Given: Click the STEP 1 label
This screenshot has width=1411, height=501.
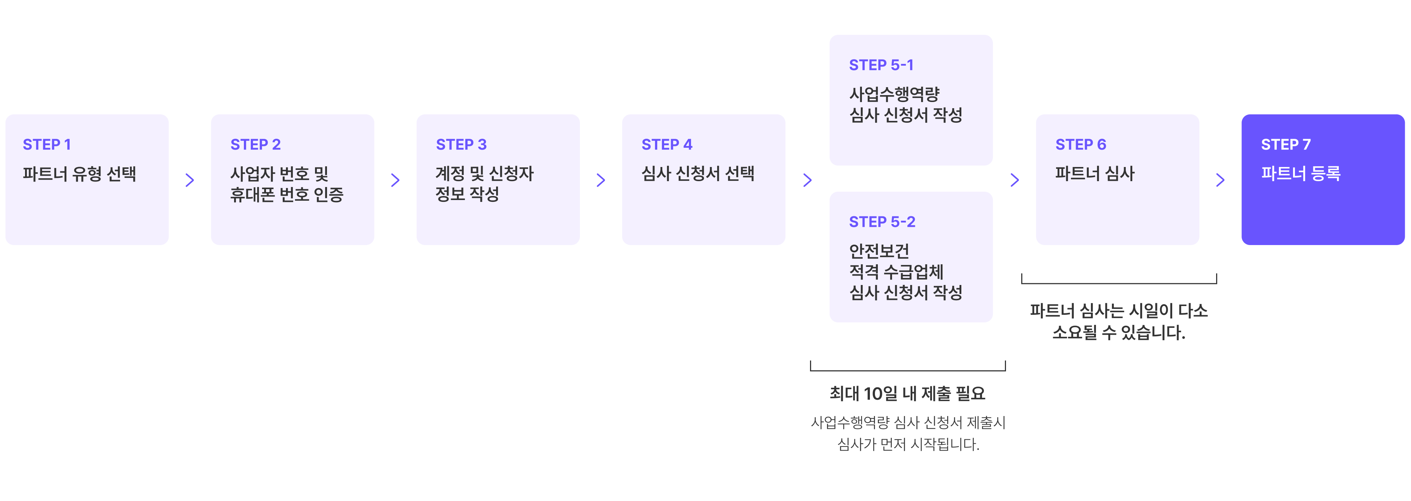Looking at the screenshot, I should (46, 145).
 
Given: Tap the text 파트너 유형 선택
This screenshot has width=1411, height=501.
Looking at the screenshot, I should (79, 174).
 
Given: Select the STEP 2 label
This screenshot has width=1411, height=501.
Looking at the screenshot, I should (255, 145).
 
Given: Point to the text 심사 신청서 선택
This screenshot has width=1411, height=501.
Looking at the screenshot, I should (698, 174).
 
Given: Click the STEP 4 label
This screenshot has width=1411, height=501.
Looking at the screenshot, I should (667, 145).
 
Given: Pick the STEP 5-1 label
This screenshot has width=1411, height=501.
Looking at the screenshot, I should (881, 65).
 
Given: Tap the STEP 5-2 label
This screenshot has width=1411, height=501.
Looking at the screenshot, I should (882, 222).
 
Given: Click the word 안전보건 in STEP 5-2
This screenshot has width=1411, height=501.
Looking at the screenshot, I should (879, 251).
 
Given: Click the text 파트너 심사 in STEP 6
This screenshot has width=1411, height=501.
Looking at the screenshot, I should (1095, 174).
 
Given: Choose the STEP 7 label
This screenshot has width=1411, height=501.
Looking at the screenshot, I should (1285, 145).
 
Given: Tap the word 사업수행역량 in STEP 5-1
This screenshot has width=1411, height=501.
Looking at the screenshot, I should (894, 94).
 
